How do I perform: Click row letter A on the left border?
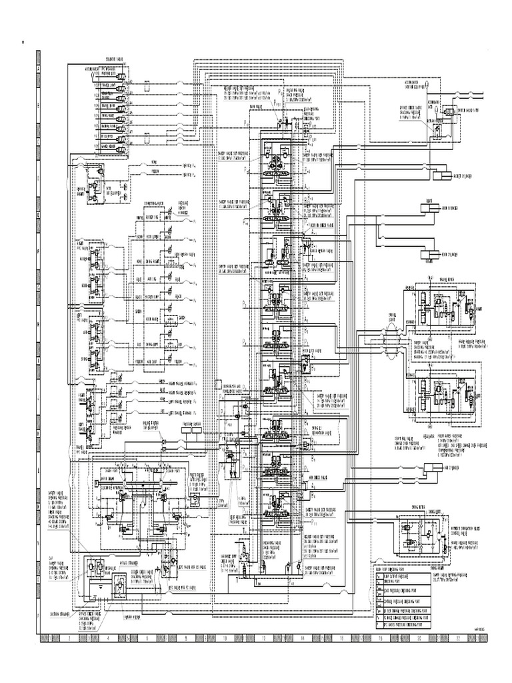(39, 68)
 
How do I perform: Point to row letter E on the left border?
(39, 215)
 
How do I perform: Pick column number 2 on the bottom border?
(69, 638)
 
